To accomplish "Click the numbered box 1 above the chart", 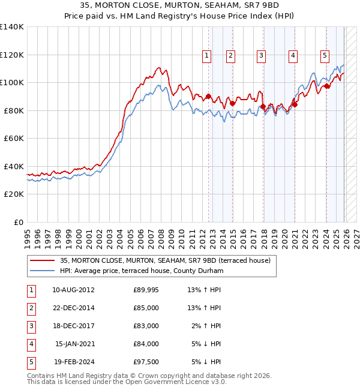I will tap(206, 56).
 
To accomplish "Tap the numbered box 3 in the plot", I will tap(262, 56).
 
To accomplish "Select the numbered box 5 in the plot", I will tap(325, 56).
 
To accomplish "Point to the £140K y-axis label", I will tap(12, 27).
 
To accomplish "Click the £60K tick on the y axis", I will tap(14, 139).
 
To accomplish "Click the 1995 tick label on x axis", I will tap(27, 234).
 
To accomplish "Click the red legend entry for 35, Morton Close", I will tap(165, 260).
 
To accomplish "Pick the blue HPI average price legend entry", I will tap(141, 271).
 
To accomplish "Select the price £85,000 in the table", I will tap(146, 308).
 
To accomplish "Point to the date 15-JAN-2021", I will tap(74, 344).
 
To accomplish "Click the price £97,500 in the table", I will tap(146, 362).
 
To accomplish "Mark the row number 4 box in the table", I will tap(31, 344).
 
